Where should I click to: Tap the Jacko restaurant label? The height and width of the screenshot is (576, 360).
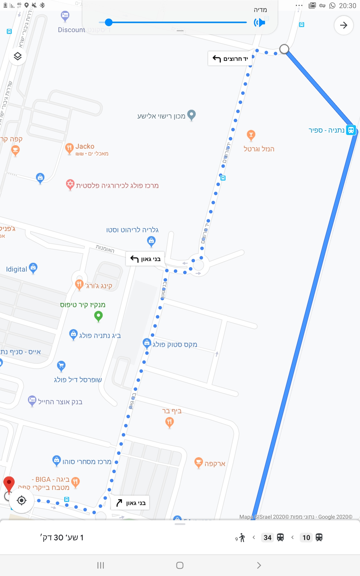click(85, 146)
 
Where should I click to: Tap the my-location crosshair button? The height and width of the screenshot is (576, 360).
click(22, 500)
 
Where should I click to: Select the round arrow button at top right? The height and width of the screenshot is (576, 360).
click(343, 25)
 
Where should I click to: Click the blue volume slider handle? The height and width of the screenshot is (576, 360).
click(109, 22)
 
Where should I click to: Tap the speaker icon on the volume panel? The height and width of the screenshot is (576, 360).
click(259, 22)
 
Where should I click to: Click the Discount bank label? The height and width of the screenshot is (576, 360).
click(71, 30)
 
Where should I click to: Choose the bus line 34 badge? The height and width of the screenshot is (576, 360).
click(268, 537)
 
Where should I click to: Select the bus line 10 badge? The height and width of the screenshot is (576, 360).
click(306, 537)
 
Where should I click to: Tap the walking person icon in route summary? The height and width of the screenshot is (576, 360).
click(242, 538)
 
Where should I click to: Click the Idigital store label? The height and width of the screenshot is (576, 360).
click(17, 269)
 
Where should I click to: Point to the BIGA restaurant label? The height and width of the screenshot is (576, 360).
click(51, 480)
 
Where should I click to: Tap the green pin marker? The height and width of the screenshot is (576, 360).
click(98, 316)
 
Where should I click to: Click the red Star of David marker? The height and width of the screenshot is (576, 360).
click(70, 184)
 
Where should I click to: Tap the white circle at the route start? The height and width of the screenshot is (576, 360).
click(284, 49)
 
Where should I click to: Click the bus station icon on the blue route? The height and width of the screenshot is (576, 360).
click(351, 130)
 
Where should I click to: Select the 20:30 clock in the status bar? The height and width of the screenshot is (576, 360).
click(347, 6)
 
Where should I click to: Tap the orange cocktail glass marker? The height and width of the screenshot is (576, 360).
click(251, 135)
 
